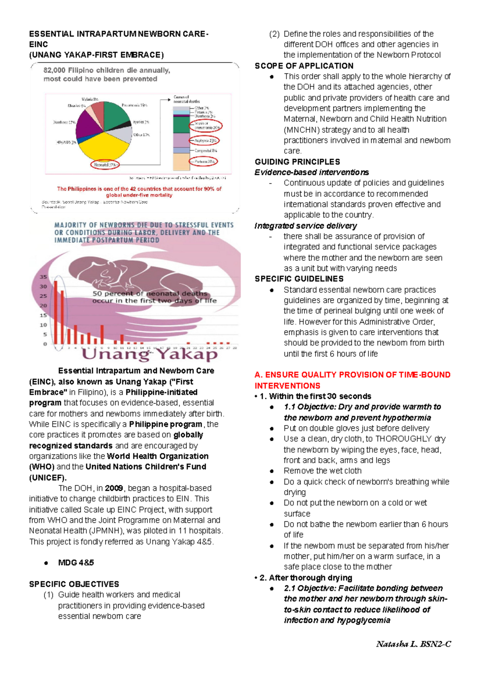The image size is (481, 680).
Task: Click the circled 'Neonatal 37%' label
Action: point(105,165)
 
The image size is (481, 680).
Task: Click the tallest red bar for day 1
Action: point(56,313)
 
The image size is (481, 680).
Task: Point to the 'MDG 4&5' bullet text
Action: point(76,563)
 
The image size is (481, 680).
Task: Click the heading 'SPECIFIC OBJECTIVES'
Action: point(74,584)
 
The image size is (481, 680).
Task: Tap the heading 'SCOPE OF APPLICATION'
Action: point(304,66)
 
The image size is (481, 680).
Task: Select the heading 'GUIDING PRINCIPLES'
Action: point(297,162)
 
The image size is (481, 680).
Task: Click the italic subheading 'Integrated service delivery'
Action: point(305,226)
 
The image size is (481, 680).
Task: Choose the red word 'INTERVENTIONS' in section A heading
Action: point(287,386)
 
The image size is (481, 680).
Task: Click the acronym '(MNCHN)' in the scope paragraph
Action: point(301,130)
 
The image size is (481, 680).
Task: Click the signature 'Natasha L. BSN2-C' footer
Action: point(414,644)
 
